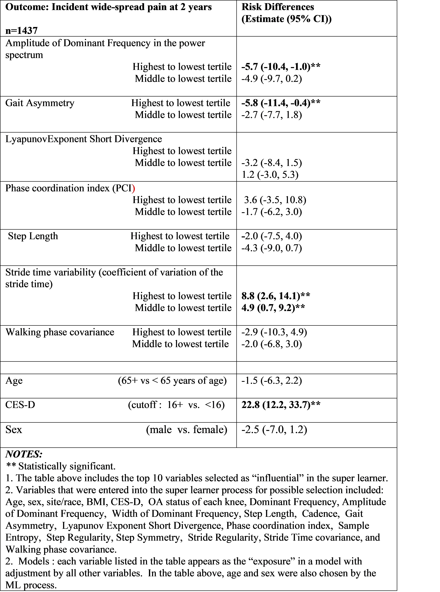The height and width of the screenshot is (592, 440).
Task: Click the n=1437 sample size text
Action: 21,31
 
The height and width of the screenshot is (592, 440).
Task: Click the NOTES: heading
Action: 24,454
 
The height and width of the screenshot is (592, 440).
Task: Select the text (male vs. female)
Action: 186,430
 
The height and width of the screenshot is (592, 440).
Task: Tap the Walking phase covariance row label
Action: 60,332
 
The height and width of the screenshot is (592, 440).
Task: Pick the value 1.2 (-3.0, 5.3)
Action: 270,175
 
